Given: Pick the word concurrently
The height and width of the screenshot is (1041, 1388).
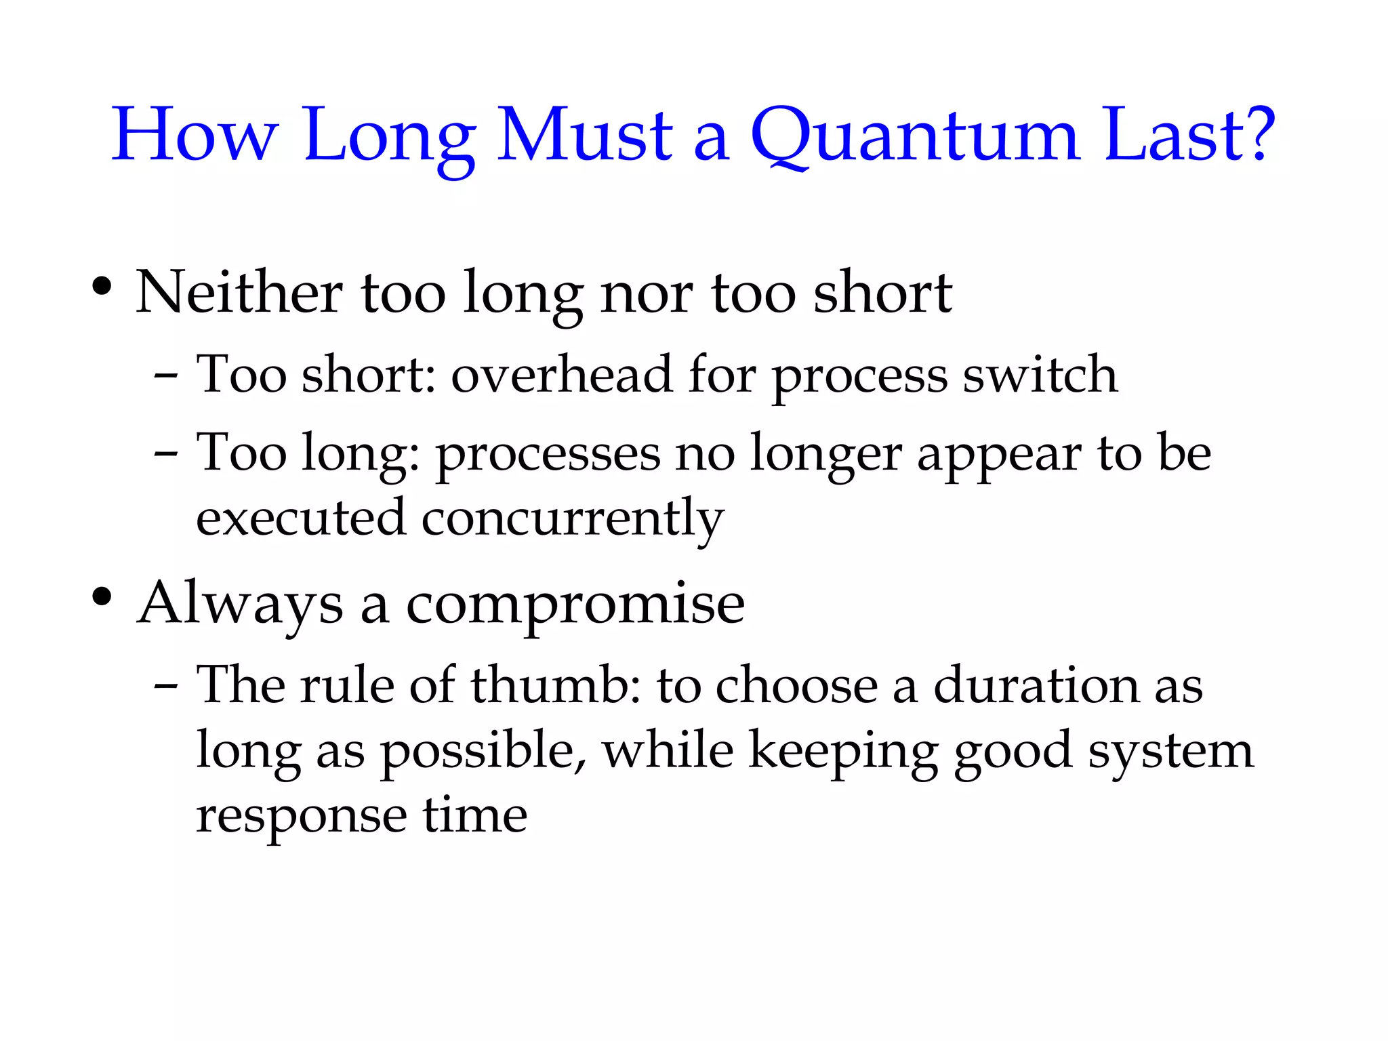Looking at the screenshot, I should point(573,519).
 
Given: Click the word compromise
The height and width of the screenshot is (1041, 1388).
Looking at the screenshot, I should point(575,605).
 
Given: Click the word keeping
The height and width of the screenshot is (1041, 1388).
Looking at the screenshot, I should point(843,752).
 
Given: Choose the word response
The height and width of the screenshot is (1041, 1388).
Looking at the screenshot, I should point(302,817).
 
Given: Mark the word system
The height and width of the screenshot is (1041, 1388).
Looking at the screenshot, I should point(1171,752).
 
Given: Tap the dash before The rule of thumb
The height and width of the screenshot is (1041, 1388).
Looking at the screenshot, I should point(166,685).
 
